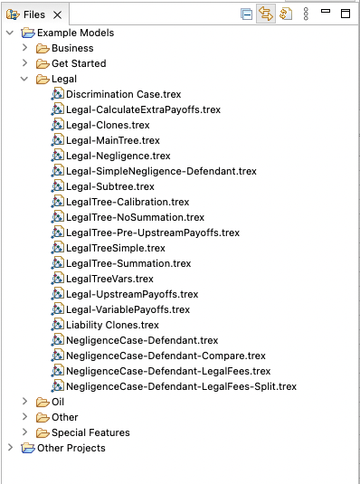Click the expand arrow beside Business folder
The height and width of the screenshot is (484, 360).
click(24, 48)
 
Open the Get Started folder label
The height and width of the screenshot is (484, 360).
click(78, 63)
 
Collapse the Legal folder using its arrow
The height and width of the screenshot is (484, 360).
click(24, 79)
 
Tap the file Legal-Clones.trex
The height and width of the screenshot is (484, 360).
click(108, 125)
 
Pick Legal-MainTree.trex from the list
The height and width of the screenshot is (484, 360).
click(112, 140)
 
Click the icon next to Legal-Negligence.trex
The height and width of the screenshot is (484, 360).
click(57, 156)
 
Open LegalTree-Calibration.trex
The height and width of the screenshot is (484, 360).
click(127, 202)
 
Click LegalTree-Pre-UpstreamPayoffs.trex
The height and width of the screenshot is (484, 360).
click(152, 233)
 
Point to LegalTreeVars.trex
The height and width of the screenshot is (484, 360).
click(109, 279)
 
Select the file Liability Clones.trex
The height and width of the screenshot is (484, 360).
click(112, 325)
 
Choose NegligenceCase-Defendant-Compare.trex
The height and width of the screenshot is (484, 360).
click(166, 356)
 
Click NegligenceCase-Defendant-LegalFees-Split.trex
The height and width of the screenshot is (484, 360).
click(181, 386)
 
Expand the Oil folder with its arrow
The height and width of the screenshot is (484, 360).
click(24, 402)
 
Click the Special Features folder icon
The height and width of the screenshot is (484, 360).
click(43, 432)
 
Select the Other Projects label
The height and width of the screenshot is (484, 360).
click(71, 448)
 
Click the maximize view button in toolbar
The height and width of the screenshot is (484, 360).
click(345, 14)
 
